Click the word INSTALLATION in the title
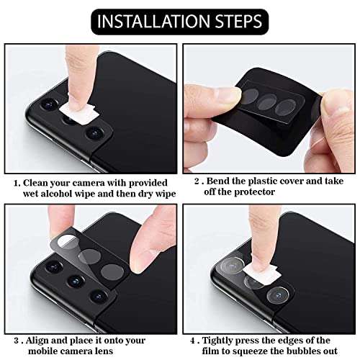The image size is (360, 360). tap(148, 20)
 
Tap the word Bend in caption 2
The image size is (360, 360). tap(220, 182)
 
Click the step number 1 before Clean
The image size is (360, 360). tap(16, 182)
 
